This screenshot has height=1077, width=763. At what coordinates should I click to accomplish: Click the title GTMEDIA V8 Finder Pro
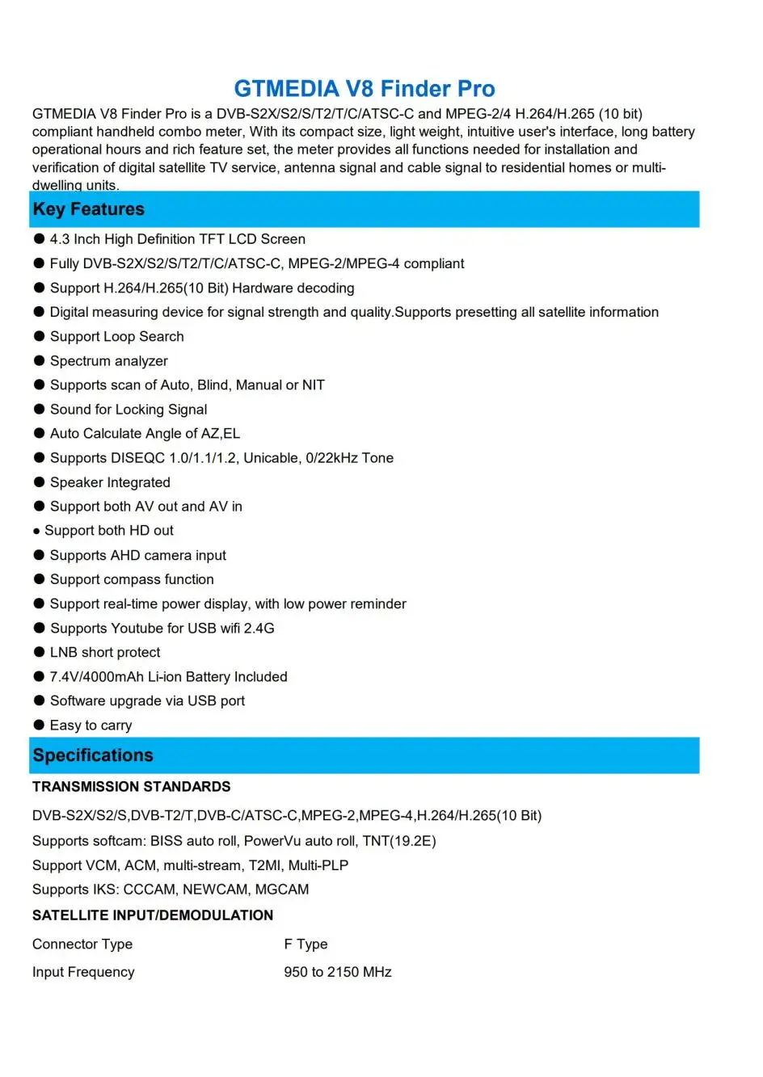click(x=365, y=89)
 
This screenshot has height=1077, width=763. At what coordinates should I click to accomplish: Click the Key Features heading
click(x=88, y=209)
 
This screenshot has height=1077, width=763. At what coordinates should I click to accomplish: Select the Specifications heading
click(x=93, y=755)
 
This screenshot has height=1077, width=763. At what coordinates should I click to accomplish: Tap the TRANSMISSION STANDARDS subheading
click(x=131, y=787)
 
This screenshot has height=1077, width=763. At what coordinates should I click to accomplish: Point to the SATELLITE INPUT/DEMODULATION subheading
click(x=153, y=915)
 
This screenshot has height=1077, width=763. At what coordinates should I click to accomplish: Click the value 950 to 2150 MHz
click(x=337, y=972)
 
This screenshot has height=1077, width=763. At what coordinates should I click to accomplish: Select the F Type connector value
click(x=306, y=944)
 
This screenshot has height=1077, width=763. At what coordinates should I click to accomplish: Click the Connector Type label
click(x=82, y=944)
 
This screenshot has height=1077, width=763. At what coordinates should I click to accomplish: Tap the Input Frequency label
click(x=83, y=972)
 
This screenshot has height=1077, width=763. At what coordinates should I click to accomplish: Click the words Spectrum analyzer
click(x=109, y=361)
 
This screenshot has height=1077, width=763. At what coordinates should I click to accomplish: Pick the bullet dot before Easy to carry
click(x=39, y=725)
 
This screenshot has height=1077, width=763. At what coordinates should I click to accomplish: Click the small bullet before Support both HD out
click(x=36, y=532)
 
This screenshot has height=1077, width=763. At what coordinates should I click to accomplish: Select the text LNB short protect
click(x=105, y=652)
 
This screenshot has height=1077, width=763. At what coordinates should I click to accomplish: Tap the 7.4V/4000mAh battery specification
click(x=98, y=677)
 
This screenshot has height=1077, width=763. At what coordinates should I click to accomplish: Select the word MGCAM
click(x=282, y=890)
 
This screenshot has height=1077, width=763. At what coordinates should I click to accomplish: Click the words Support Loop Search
click(x=117, y=337)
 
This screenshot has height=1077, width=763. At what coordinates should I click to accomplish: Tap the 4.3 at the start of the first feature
click(x=60, y=239)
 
